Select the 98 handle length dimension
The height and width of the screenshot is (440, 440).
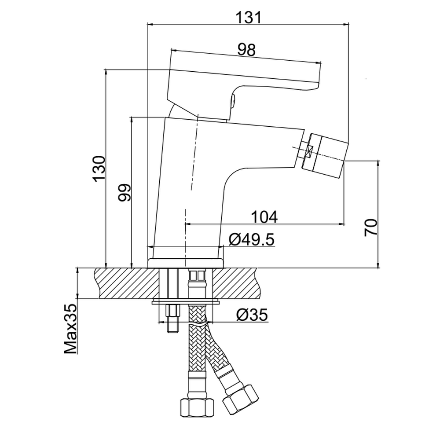click(x=246, y=50)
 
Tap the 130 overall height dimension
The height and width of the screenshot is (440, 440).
click(x=98, y=168)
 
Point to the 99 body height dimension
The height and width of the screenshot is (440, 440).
click(x=125, y=192)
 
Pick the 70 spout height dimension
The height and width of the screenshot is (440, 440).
click(x=371, y=227)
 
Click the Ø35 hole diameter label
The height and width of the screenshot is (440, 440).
click(x=252, y=315)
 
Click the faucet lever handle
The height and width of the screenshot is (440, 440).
click(x=242, y=79)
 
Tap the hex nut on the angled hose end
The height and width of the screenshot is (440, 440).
click(x=241, y=398)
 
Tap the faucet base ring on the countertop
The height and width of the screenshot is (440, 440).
click(x=186, y=262)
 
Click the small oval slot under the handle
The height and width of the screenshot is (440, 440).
click(x=233, y=99)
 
